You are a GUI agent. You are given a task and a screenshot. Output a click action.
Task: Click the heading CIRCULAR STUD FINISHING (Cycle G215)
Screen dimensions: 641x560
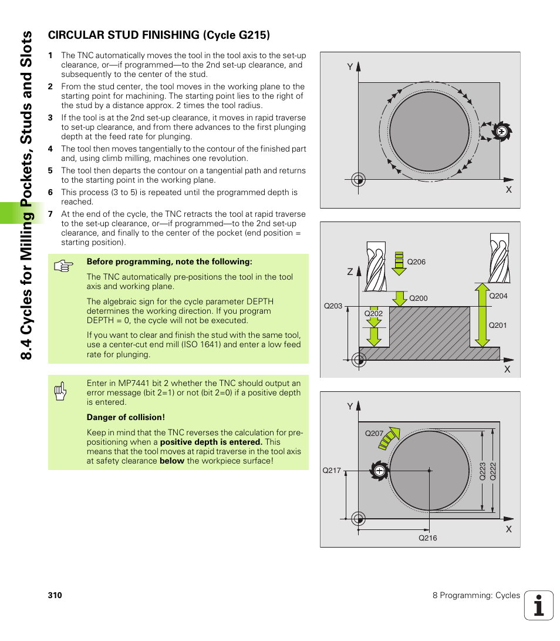[158, 35]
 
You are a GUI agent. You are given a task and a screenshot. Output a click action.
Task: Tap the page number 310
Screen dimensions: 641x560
[55, 595]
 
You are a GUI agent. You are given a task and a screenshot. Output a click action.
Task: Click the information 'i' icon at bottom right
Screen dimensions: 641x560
[538, 605]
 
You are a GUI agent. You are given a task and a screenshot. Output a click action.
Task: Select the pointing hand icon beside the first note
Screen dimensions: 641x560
[62, 266]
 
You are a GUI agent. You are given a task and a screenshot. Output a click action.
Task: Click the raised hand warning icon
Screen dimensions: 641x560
[60, 391]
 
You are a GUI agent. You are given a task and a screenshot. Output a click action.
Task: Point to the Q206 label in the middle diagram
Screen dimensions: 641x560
[416, 262]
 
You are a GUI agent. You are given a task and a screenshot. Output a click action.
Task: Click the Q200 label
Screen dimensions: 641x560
[418, 298]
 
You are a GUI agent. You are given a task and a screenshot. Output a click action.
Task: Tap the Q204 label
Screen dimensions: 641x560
[498, 296]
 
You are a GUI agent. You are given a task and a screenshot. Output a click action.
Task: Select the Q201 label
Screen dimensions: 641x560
[498, 325]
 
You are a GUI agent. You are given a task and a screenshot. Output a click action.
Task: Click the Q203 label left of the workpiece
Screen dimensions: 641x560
[333, 306]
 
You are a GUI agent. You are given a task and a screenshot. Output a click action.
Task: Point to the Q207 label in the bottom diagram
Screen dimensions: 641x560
[374, 434]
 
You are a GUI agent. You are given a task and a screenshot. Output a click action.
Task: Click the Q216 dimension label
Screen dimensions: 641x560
[427, 538]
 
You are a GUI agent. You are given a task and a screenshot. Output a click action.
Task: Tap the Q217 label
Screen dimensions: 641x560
[332, 471]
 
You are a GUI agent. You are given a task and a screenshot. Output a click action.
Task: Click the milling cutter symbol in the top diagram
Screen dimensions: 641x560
[501, 132]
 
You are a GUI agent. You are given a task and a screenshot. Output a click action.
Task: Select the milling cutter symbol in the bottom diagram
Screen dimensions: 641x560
[379, 471]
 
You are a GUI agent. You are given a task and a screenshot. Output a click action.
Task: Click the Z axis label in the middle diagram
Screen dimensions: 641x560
[350, 272]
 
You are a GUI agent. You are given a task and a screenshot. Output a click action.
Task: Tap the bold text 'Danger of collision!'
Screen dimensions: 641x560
[126, 418]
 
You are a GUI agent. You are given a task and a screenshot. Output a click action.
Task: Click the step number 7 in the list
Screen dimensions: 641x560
[50, 214]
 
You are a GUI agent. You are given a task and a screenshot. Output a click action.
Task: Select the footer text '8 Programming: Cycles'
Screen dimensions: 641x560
[476, 595]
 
